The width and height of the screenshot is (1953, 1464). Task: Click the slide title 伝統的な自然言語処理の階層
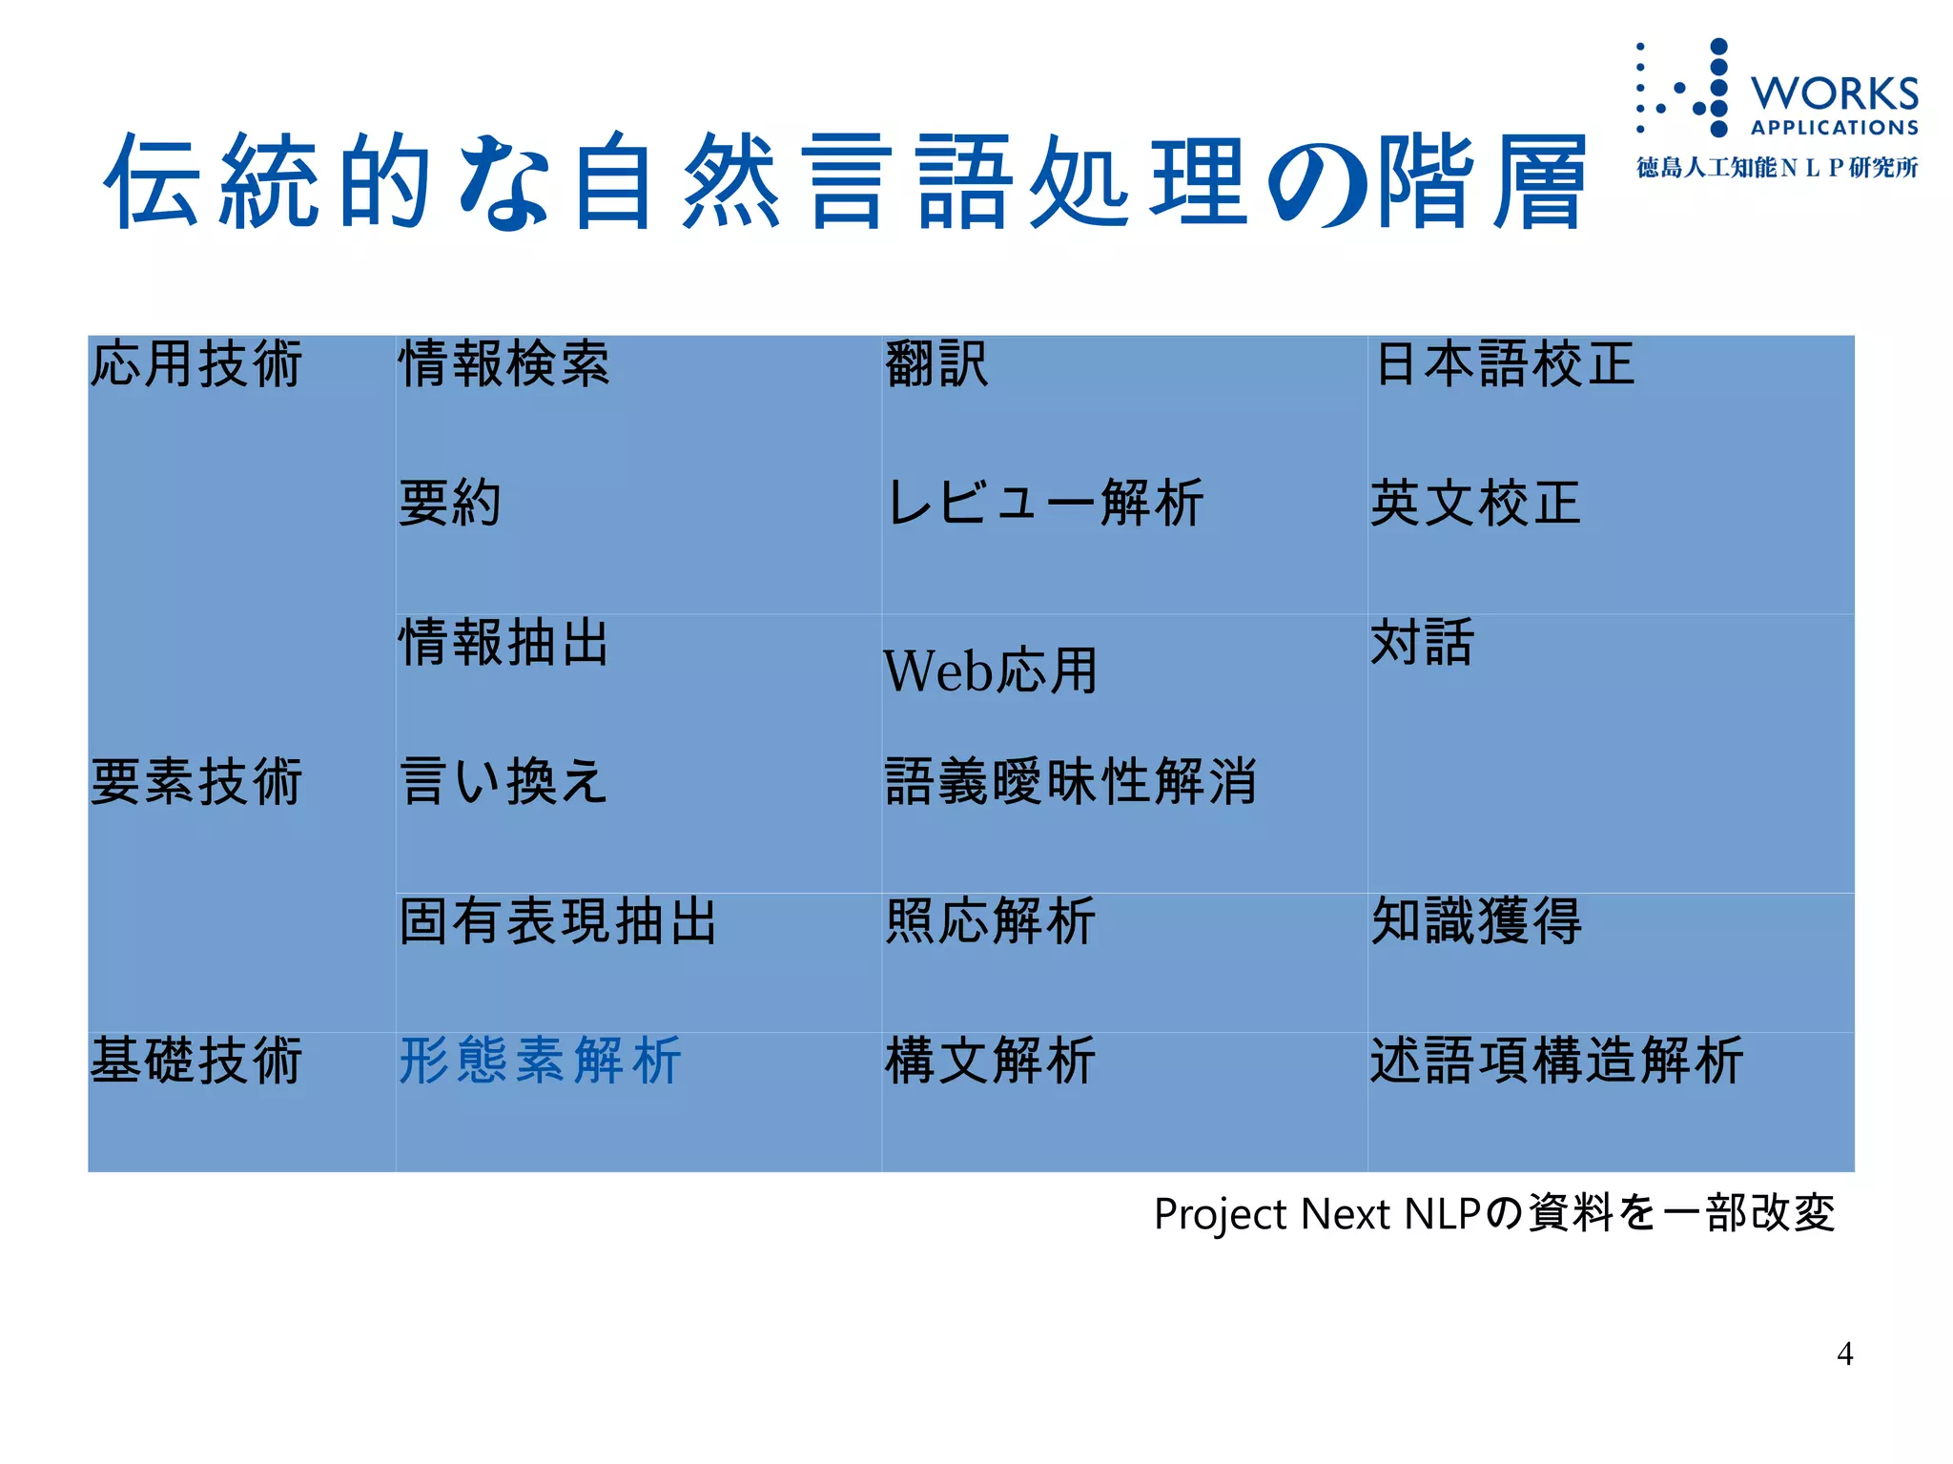[844, 181]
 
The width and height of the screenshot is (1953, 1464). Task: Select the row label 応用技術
[196, 364]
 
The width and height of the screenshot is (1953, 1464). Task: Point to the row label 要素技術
[196, 782]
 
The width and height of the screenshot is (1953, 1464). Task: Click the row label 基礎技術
[196, 1061]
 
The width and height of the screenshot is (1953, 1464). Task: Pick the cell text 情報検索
[504, 364]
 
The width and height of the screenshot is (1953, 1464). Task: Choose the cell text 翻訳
[936, 364]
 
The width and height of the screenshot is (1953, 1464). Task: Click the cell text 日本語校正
[1504, 364]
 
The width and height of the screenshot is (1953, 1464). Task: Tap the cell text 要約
[450, 504]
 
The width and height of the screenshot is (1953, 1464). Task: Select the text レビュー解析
[1044, 504]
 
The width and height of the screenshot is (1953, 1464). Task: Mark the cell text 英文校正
[1475, 504]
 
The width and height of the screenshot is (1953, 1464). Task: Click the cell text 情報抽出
[504, 643]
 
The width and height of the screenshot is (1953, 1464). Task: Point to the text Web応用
[990, 671]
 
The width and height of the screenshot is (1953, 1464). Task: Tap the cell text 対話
[1422, 643]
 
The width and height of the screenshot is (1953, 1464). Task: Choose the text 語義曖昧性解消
[1071, 782]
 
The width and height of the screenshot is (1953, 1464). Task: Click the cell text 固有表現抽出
[558, 921]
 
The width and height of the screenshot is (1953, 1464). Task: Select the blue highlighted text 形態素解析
[540, 1061]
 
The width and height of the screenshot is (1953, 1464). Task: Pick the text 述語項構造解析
[1556, 1061]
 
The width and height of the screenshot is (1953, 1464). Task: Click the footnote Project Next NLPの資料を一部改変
[1494, 1214]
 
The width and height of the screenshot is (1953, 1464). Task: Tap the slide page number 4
[1844, 1353]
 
